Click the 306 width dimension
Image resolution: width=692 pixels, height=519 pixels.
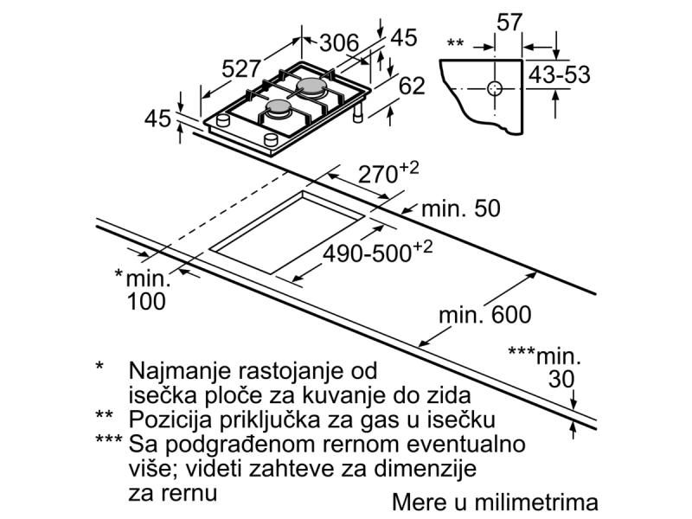pos(339,43)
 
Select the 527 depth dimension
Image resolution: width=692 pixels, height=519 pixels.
pos(241,69)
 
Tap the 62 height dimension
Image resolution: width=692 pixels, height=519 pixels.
pos(412,86)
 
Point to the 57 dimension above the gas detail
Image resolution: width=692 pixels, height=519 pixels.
pos(509,22)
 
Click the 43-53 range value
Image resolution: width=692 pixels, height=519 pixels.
pos(559,74)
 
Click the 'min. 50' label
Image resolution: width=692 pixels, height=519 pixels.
pos(461,208)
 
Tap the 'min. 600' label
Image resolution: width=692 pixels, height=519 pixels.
pos(485,315)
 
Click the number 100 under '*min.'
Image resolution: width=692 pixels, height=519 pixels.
pos(146,302)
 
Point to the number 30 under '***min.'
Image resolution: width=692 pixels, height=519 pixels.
pos(561,379)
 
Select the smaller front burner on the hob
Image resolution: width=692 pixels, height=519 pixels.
pos(279,106)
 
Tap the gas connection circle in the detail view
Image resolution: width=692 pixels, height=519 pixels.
pos(495,89)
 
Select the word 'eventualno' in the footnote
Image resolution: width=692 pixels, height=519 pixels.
pos(465,444)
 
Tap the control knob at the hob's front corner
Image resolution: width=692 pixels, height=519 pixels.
pos(271,140)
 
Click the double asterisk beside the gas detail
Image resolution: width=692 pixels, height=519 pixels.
pos(456,42)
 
